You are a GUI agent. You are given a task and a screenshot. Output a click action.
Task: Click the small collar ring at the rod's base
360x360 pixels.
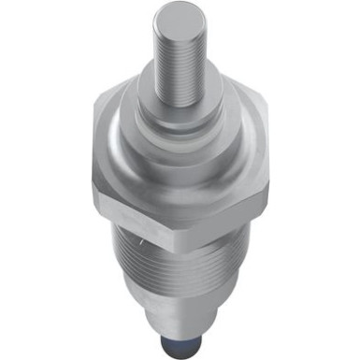click(179, 101)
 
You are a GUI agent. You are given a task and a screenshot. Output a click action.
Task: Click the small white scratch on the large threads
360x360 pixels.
click(137, 245)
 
